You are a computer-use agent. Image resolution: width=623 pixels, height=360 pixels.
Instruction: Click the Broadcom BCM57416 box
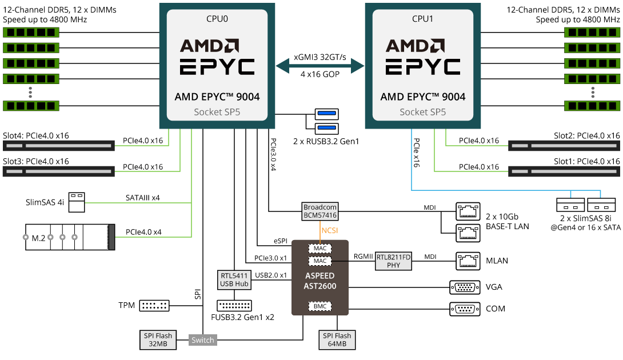click(320, 211)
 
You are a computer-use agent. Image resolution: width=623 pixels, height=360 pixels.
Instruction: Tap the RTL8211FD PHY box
click(394, 261)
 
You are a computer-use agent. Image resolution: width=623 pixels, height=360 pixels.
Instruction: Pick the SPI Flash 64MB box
click(337, 340)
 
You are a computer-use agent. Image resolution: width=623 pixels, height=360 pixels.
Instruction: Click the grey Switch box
click(203, 340)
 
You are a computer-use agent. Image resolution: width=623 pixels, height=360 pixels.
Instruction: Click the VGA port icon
click(465, 287)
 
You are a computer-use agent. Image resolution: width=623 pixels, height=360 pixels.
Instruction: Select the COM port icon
click(465, 309)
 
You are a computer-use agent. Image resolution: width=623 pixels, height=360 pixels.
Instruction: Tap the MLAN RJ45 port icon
click(464, 261)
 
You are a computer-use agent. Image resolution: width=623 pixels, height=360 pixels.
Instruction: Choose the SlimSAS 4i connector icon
click(77, 202)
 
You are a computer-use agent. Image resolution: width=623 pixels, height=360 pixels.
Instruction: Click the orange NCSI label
click(329, 231)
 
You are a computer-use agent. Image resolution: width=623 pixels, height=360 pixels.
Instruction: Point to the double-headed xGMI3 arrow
click(320, 65)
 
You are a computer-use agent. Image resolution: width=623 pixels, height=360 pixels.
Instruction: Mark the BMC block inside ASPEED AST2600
click(320, 307)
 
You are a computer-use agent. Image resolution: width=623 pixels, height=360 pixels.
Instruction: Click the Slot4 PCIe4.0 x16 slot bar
click(58, 146)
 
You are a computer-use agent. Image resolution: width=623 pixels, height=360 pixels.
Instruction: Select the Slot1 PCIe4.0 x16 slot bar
click(564, 170)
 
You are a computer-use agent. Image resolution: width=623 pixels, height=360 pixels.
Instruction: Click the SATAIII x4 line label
click(142, 198)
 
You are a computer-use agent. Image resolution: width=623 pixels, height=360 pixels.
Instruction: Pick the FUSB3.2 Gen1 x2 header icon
click(234, 305)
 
